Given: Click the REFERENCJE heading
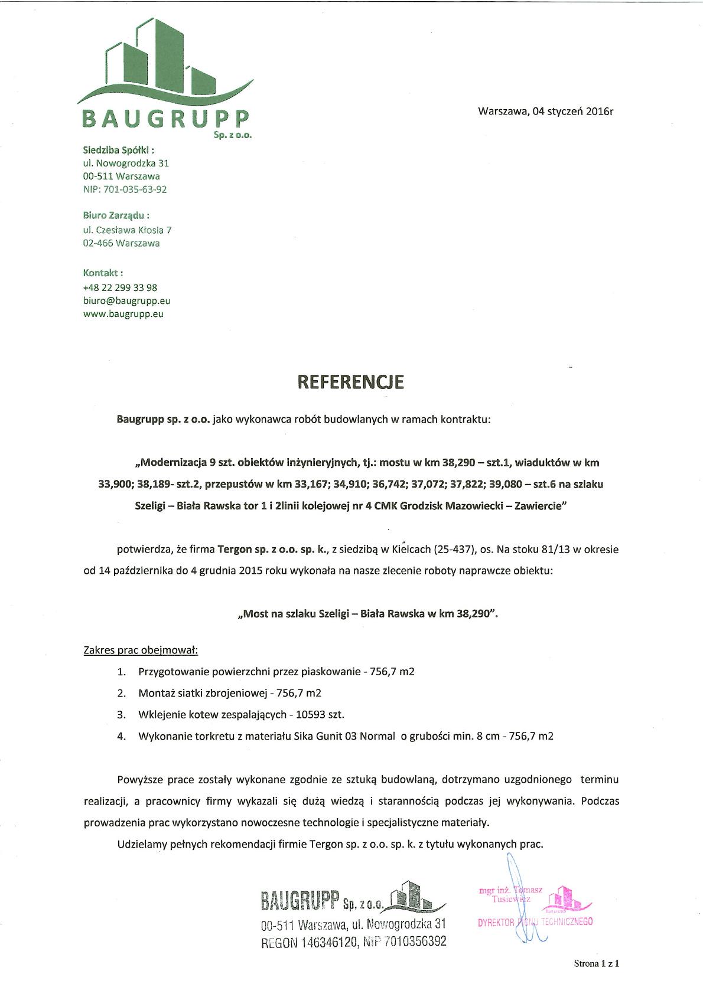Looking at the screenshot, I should click(x=350, y=382).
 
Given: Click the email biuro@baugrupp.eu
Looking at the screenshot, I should click(x=126, y=300).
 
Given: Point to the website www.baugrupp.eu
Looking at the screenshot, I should click(x=123, y=314).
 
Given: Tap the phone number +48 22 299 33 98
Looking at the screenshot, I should click(x=120, y=287).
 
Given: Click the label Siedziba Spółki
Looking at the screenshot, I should click(x=118, y=150).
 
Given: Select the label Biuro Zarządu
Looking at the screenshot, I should click(x=116, y=215).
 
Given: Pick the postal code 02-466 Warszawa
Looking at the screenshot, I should click(x=121, y=243).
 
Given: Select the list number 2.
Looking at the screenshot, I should click(x=121, y=693).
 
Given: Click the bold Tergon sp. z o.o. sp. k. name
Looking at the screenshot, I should click(x=272, y=549).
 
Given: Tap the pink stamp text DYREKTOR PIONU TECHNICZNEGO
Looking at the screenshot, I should click(x=535, y=921).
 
